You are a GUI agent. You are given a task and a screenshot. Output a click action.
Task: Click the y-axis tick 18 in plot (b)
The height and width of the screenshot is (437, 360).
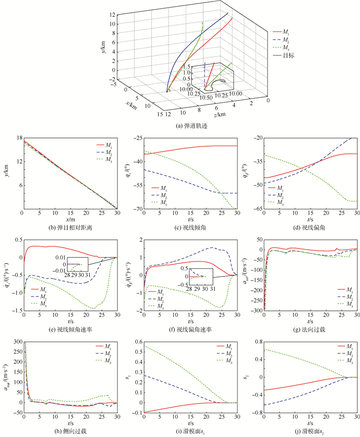pos(16,138)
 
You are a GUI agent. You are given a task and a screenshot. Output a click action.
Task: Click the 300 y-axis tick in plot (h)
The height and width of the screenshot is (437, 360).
pos(15,341)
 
